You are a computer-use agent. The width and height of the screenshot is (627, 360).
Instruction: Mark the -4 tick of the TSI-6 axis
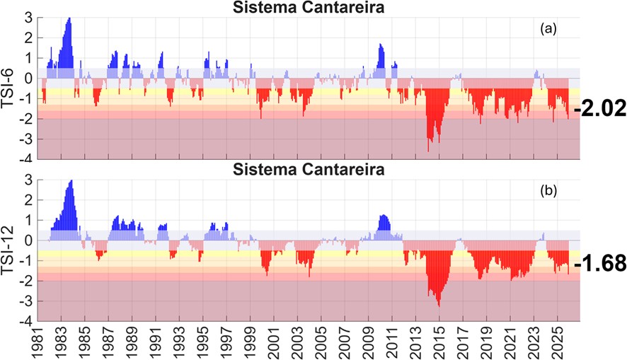click(x=29, y=159)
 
